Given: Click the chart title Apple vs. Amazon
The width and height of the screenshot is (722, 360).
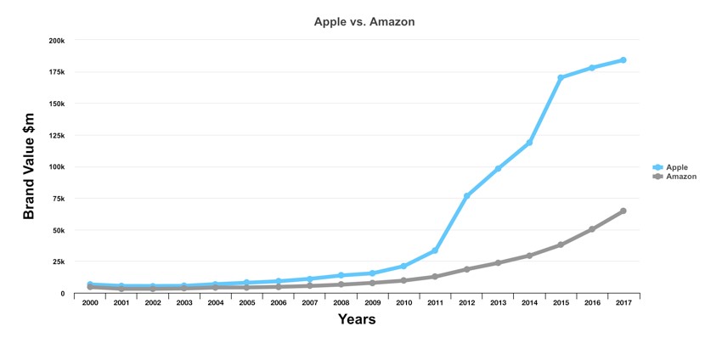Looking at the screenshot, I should point(364,21).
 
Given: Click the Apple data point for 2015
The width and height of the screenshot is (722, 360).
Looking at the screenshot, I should point(561,77).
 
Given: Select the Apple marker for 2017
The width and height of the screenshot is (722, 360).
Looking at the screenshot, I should point(623,60).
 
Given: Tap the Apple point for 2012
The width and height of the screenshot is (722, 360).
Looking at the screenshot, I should point(466,196).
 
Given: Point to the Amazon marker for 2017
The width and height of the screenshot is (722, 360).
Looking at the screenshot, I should point(623,211).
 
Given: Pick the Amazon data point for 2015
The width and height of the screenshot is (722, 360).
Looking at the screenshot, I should point(561,245).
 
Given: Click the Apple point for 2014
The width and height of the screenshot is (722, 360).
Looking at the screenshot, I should point(529,143).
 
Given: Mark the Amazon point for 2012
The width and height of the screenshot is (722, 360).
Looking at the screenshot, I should point(466,269).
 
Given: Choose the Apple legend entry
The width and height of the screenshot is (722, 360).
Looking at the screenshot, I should point(676,167).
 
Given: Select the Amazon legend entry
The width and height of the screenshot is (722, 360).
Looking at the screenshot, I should point(680,177).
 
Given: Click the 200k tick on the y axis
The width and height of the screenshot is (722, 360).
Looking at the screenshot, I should point(57,40).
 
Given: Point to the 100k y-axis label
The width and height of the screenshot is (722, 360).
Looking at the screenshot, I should point(57,166).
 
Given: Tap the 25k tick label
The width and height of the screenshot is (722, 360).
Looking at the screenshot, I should point(59,262).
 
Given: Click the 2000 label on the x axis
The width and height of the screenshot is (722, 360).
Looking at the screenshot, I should point(90,303).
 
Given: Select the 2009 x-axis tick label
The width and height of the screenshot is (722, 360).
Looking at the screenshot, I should point(372,303).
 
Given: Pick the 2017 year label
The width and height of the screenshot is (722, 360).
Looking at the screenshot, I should point(623,303).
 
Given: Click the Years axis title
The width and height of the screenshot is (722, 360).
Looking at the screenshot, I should point(357,320).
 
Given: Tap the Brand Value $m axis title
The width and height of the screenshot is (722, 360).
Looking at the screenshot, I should point(30,166).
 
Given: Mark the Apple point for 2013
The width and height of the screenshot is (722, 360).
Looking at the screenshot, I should point(498,168).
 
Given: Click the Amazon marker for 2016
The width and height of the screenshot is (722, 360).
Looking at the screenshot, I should point(592,229).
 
